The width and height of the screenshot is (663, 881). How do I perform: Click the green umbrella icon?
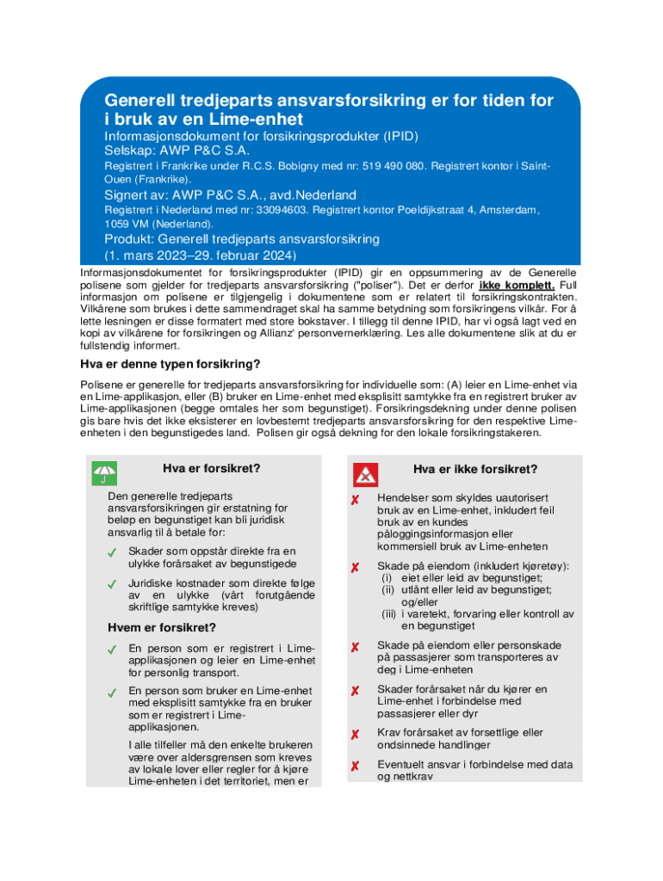(x=104, y=472)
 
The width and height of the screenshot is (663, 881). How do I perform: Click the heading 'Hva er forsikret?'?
(x=211, y=469)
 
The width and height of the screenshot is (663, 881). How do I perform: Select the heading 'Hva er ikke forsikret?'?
(x=475, y=469)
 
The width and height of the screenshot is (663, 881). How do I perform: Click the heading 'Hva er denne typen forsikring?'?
(x=170, y=363)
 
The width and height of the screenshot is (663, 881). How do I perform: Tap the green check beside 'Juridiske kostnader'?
(x=112, y=584)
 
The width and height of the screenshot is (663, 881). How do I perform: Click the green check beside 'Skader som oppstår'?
(x=112, y=551)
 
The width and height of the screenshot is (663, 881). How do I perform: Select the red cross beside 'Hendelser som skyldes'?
(x=354, y=500)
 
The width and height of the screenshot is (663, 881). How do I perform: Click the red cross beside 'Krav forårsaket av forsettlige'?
(x=354, y=734)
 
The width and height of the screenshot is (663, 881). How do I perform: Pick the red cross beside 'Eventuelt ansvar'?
(x=354, y=765)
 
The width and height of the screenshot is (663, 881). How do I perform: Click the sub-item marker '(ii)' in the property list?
(x=388, y=589)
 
